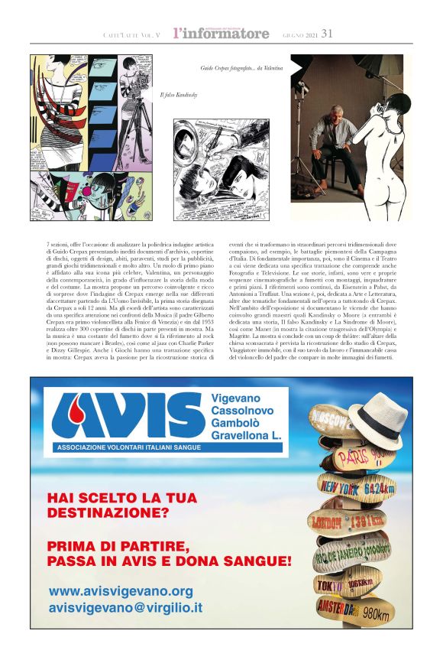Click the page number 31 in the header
point(328,33)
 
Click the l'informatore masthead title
point(221,33)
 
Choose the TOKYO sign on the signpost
point(344,584)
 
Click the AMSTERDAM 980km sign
point(357,610)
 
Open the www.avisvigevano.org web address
point(121,591)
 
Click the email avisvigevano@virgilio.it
point(125,608)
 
